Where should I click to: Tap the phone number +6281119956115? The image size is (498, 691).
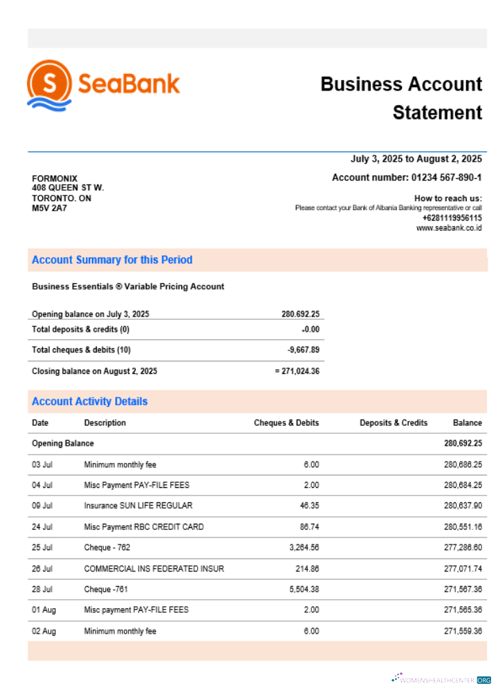tap(452, 218)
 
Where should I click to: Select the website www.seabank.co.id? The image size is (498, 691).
tap(449, 228)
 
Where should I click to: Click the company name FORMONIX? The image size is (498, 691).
tap(55, 178)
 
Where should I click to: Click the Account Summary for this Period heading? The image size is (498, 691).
tap(112, 260)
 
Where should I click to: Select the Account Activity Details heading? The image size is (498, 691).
tap(90, 401)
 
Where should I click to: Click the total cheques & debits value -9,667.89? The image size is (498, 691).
tap(304, 350)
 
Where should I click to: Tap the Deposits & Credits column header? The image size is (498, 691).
tap(394, 423)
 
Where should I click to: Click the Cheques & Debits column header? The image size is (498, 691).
tap(286, 423)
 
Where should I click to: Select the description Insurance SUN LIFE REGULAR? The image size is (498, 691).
tap(138, 506)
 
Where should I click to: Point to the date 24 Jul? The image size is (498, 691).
tap(42, 527)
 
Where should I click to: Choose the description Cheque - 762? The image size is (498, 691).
tap(107, 548)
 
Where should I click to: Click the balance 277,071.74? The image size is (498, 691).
tap(463, 569)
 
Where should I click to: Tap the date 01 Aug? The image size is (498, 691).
tap(43, 610)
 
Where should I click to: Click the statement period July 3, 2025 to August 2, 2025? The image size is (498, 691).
tap(416, 159)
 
